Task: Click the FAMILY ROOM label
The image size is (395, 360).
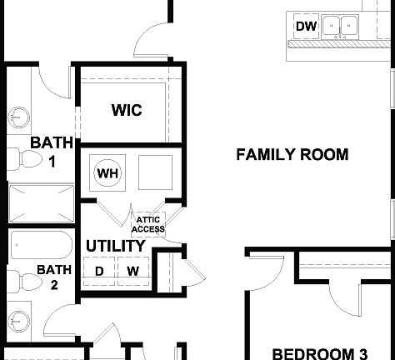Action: tap(280, 154)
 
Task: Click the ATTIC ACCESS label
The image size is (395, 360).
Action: tap(149, 225)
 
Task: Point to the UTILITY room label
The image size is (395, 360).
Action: tap(116, 247)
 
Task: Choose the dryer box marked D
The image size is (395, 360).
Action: tap(99, 271)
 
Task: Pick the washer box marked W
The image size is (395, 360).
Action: tap(132, 271)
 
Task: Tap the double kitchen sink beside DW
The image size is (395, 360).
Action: tap(341, 26)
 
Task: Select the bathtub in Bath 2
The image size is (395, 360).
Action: tap(41, 246)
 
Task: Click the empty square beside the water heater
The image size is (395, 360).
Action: tap(155, 173)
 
